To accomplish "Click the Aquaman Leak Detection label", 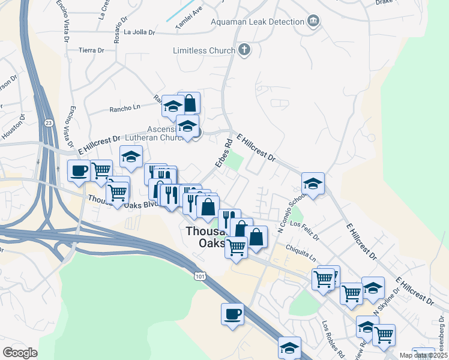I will pos(258,22).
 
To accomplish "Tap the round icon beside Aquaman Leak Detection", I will pos(313,22).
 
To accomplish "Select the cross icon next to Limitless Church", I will pos(244,50).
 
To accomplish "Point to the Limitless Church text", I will pos(203,51).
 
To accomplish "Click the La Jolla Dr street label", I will pos(140,32).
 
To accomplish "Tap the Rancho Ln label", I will pos(124,108).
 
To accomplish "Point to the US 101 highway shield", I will pos(199,276).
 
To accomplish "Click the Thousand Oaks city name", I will pos(208,237).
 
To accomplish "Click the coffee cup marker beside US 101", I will pos(232,313).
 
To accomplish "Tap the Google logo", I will pos(20,352).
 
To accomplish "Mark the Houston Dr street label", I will pos(13,127).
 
